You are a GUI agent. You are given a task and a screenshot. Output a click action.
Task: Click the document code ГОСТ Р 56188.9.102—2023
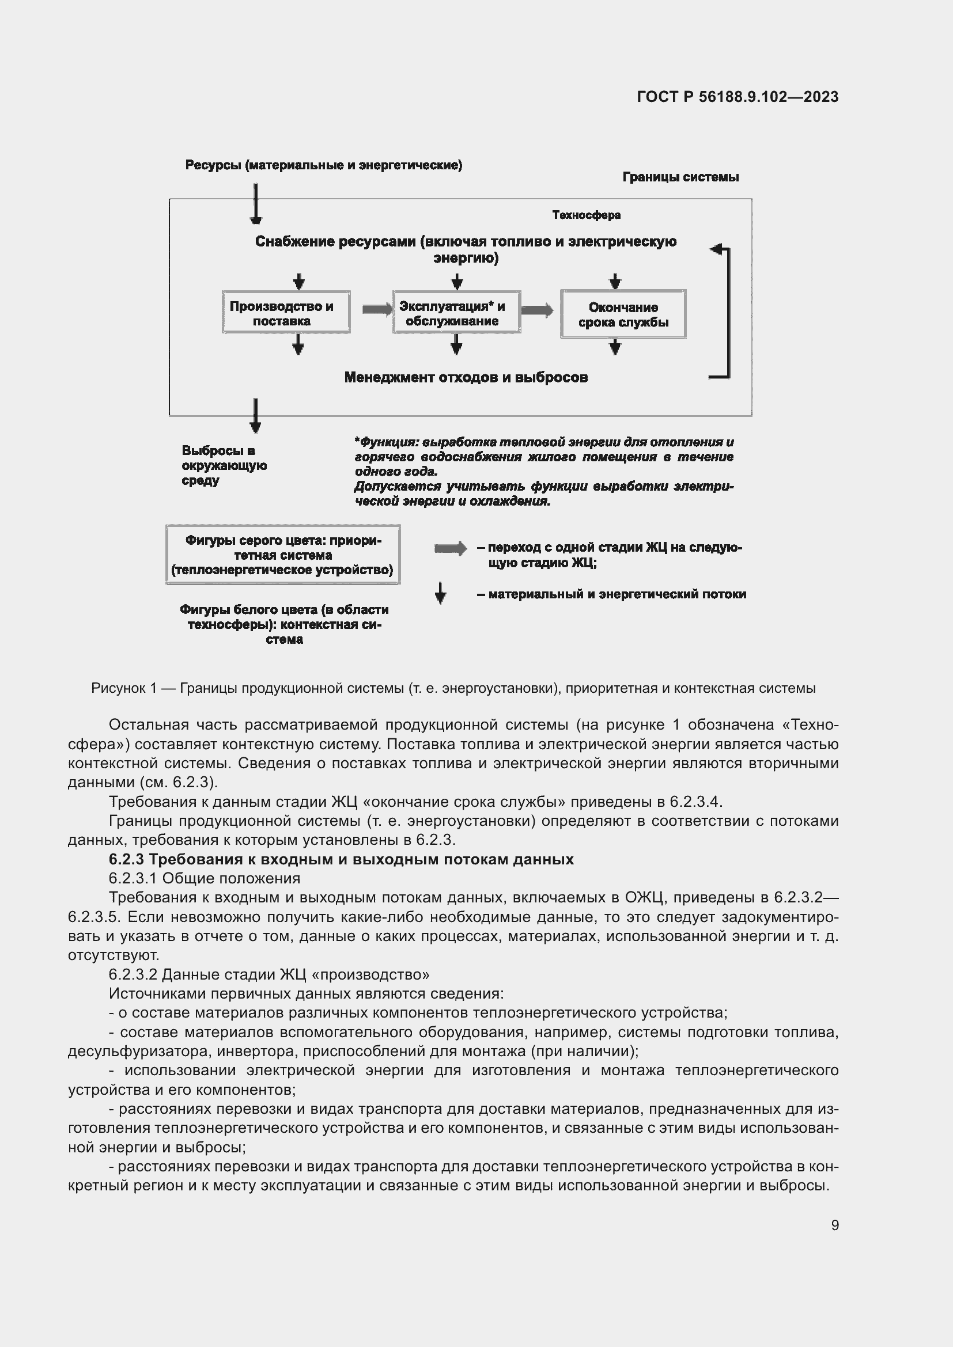tap(737, 97)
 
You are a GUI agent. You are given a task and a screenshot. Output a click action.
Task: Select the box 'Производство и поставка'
tap(286, 313)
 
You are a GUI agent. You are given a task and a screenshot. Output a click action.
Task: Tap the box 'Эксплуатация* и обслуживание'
tap(456, 313)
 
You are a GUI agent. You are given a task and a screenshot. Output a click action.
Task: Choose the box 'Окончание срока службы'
tap(623, 314)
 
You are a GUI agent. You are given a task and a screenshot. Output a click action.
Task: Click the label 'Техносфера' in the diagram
tap(585, 215)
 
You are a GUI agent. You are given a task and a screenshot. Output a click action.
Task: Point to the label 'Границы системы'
tap(680, 177)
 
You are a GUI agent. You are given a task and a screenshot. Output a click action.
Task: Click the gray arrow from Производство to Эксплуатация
tap(376, 309)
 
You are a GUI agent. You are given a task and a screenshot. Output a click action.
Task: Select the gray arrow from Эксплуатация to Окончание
tap(536, 310)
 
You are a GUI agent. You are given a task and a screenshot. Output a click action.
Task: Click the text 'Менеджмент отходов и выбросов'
tap(466, 377)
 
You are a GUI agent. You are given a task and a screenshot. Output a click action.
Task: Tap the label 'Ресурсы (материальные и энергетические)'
tap(323, 165)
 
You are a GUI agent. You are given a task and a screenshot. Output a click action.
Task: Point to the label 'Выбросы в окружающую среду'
tap(224, 465)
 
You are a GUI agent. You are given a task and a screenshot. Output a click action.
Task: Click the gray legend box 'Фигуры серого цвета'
tap(283, 555)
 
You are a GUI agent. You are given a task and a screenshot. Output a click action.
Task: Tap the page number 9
tap(834, 1225)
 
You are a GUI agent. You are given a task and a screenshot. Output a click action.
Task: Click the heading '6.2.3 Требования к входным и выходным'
tap(341, 859)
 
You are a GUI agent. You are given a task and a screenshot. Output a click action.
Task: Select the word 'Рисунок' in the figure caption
tap(118, 688)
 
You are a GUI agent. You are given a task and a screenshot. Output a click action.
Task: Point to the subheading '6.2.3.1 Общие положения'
tap(204, 878)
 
